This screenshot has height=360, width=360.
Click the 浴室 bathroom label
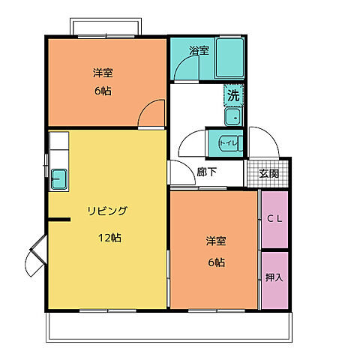pos(199,51)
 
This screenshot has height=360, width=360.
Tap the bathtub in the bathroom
pos(230,58)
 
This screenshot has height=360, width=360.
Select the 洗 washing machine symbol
pos(233,95)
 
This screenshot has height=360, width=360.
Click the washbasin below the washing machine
pos(233,117)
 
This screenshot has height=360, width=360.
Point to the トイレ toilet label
pos(228,143)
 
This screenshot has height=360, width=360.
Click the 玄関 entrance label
pos(268,173)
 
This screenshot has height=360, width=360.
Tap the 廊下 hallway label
pos(206,172)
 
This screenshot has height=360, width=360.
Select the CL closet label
pos(274,219)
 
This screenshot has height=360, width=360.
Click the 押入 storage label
pos(274,277)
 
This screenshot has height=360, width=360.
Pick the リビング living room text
pos(107,211)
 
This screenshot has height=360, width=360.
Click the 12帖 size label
pos(109,238)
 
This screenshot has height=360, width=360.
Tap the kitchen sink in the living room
pos(59,178)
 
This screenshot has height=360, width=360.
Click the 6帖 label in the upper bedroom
pos(103,91)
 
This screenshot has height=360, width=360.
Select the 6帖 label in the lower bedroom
pos(217,262)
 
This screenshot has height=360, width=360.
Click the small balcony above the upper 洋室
pos(106,26)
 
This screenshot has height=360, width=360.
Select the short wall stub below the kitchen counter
pos(59,220)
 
